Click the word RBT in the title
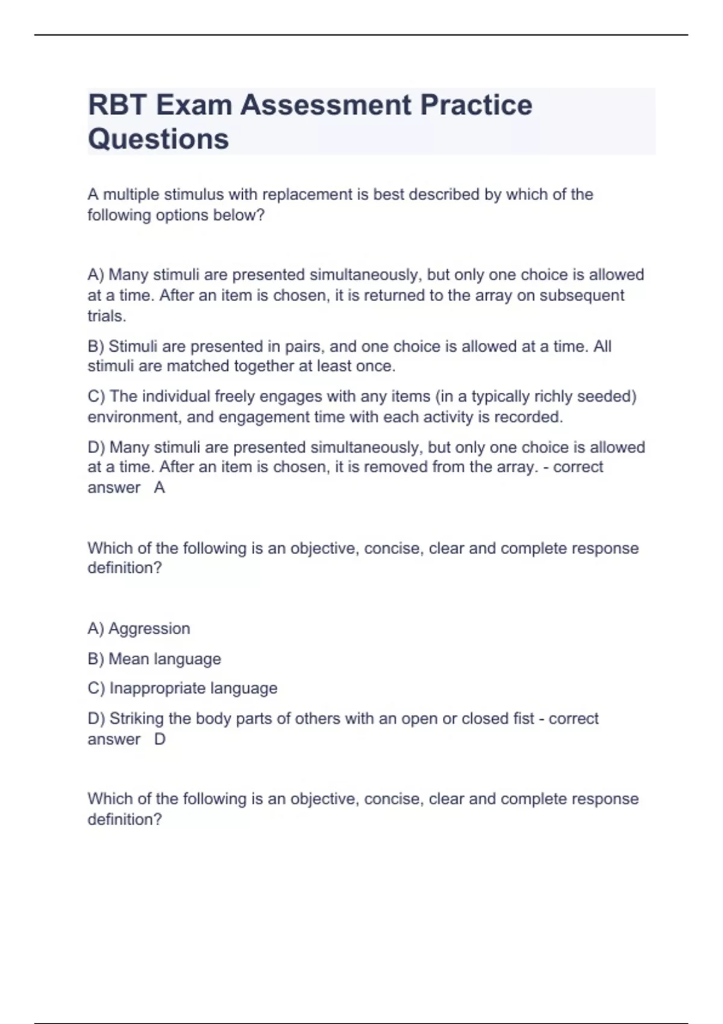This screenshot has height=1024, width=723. click(x=117, y=105)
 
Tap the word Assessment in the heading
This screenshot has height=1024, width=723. click(x=325, y=105)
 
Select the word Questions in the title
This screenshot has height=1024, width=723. click(x=158, y=139)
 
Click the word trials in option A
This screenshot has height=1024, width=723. click(x=105, y=316)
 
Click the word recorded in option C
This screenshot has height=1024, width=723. click(x=528, y=417)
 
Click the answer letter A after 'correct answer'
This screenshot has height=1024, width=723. click(x=160, y=487)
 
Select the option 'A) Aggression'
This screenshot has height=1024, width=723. click(x=139, y=628)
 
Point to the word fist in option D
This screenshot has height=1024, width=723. click(x=524, y=719)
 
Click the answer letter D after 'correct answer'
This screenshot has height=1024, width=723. click(x=160, y=739)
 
